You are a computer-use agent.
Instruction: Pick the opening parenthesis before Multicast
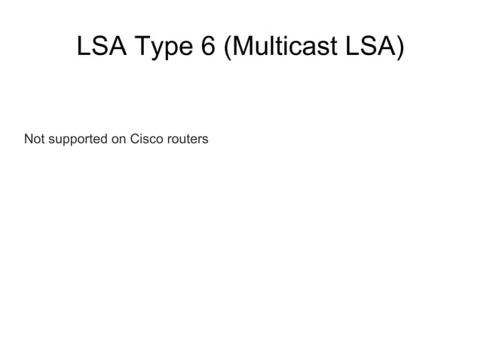click(x=227, y=48)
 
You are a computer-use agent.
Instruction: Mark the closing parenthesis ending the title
click(x=400, y=48)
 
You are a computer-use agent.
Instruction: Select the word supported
click(x=76, y=140)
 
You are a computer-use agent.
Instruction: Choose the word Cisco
click(x=147, y=139)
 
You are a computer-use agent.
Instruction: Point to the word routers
click(x=188, y=139)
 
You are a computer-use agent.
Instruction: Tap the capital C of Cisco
click(x=136, y=139)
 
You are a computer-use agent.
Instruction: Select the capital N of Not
click(x=28, y=139)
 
